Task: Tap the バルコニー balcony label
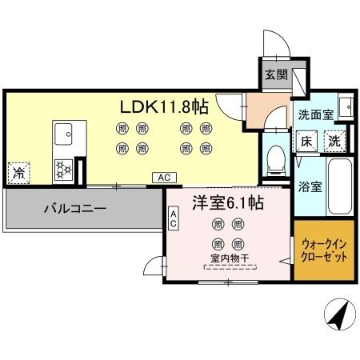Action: pyautogui.click(x=75, y=210)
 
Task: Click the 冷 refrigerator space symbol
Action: pyautogui.click(x=18, y=170)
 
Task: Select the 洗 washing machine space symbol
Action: pyautogui.click(x=335, y=141)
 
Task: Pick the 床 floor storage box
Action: pyautogui.click(x=307, y=141)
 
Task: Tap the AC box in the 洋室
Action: pyautogui.click(x=174, y=219)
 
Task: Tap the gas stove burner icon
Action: pyautogui.click(x=62, y=169)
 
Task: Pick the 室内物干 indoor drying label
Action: pyautogui.click(x=227, y=258)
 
